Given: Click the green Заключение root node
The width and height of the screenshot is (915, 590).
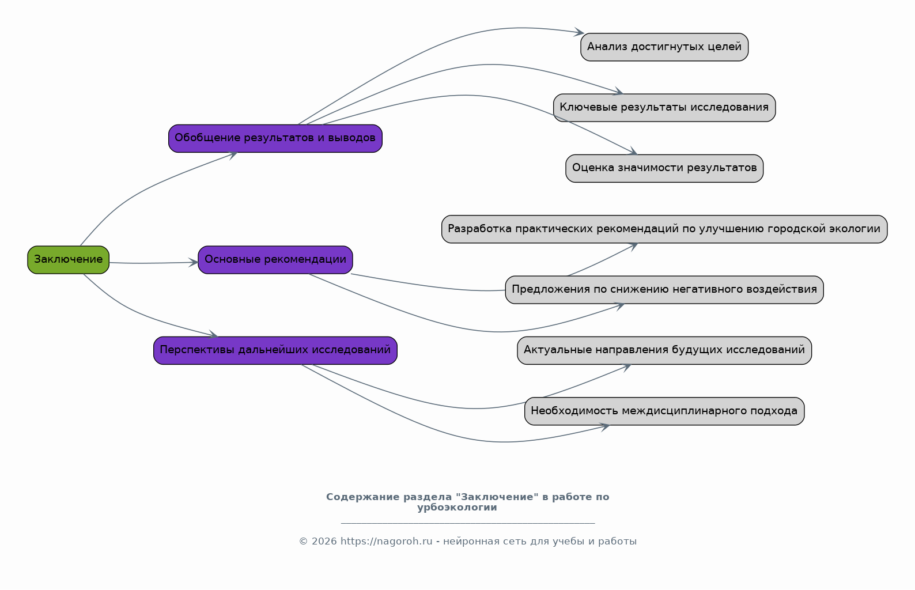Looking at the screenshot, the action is [x=68, y=260].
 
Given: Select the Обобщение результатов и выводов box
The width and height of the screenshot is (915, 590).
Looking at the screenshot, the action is [x=275, y=138].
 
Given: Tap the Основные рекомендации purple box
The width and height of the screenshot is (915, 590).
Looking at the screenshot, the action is [x=275, y=260].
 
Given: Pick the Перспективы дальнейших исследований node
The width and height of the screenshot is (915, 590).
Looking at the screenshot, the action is [x=275, y=350].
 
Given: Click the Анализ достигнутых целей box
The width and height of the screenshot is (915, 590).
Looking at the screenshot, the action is [x=664, y=47].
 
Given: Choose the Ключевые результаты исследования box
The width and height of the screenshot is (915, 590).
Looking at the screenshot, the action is [x=664, y=108].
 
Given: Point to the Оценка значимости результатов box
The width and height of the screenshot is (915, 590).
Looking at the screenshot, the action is [x=664, y=168].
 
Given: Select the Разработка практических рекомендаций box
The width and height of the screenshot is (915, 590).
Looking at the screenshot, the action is [x=664, y=229].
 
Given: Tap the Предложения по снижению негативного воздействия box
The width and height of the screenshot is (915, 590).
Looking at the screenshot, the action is [x=664, y=290].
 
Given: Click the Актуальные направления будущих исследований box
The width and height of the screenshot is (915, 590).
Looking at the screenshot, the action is [x=664, y=350].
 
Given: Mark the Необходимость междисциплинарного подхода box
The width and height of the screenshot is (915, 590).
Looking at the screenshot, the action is [x=664, y=411].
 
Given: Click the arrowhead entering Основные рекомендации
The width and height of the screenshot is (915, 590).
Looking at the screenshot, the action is [x=194, y=263].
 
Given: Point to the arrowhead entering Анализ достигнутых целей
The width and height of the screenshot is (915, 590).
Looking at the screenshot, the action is [x=579, y=32].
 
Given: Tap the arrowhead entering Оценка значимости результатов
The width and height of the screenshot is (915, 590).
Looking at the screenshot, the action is [x=632, y=151].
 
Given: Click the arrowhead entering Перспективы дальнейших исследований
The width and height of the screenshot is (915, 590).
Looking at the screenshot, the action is [x=214, y=335].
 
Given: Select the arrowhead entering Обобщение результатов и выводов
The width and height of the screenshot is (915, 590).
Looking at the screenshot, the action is [x=233, y=155].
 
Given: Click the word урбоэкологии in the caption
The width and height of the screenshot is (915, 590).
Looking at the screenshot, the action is [x=457, y=508].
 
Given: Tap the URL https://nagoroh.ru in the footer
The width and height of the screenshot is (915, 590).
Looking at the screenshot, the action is [x=386, y=542].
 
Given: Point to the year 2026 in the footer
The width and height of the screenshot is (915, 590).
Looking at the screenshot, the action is [x=324, y=542].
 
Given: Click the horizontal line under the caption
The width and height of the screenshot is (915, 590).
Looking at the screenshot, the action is [x=468, y=523].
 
